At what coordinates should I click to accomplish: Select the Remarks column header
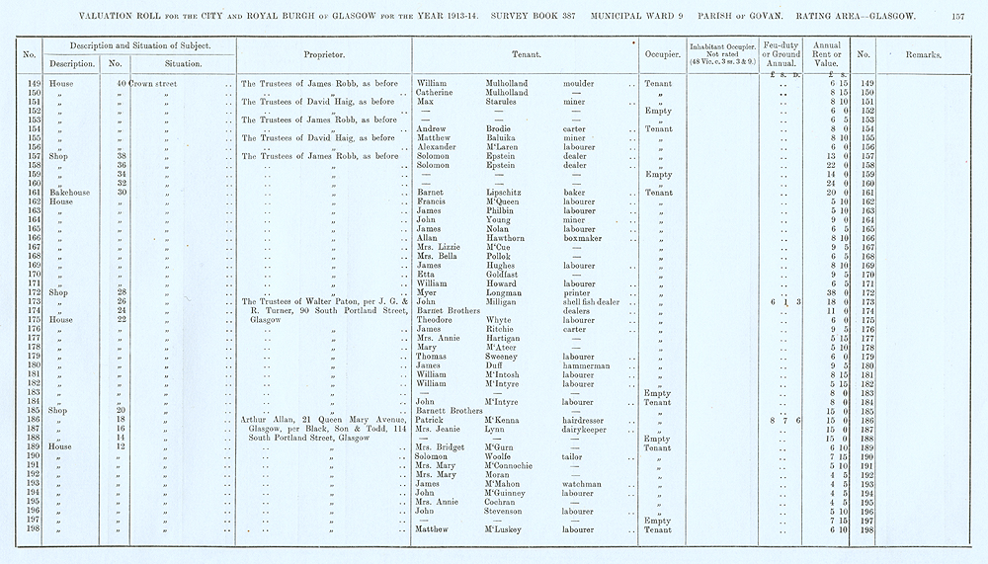point(923,56)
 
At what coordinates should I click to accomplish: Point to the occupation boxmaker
point(583,238)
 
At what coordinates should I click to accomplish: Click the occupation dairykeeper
point(588,430)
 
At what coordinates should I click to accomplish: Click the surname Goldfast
point(507,275)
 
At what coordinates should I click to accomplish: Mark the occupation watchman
point(583,484)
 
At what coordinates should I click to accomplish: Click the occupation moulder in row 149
point(579,84)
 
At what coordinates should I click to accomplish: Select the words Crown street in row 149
point(153,84)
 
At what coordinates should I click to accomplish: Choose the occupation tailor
point(572,456)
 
